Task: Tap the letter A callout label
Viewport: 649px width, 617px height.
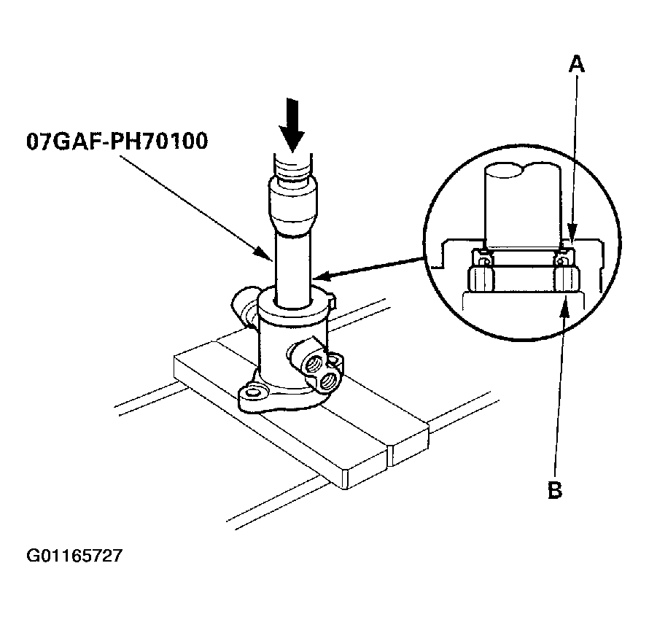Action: [577, 64]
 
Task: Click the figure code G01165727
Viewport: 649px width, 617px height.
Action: [74, 556]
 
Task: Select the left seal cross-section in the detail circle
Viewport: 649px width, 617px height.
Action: [481, 257]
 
